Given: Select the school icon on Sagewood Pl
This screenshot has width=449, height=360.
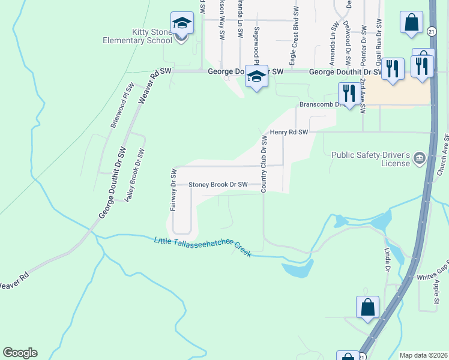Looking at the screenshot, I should click(257, 77).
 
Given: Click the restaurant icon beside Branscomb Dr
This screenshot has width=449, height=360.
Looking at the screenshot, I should click(347, 94).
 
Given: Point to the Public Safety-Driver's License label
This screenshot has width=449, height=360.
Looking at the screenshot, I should click(370, 158).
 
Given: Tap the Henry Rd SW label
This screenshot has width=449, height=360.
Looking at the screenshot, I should click(289, 132).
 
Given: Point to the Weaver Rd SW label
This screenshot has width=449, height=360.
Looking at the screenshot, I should click(155, 87).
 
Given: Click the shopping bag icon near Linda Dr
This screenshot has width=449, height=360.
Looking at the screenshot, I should click(367, 307).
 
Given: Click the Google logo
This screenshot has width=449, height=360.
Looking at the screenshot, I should click(20, 352).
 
